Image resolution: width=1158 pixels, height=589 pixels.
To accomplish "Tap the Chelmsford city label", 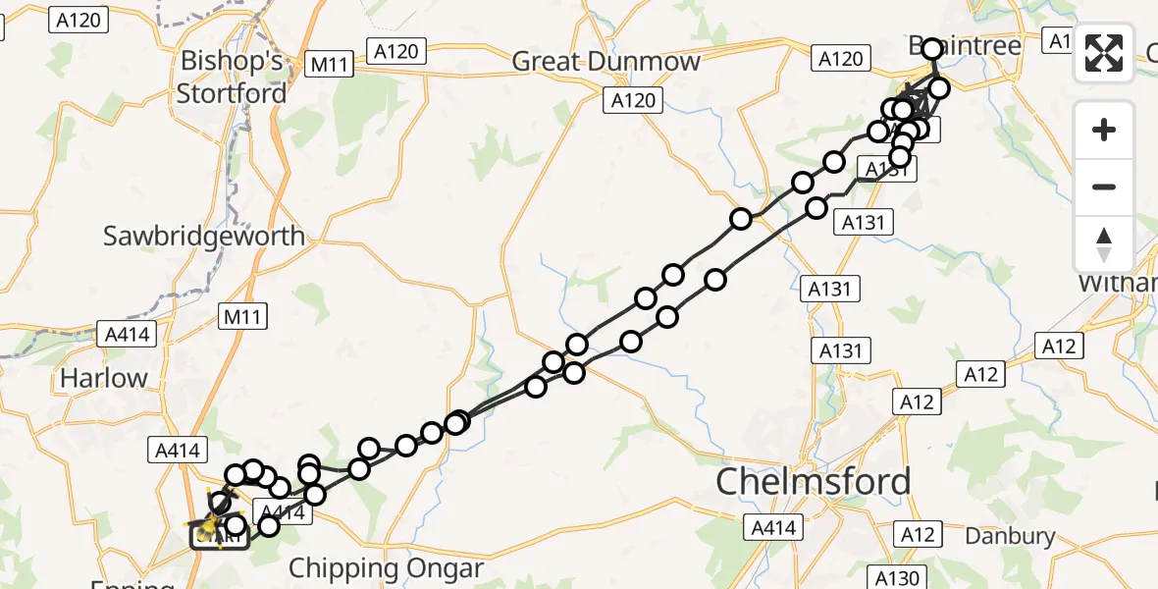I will pos(814,482).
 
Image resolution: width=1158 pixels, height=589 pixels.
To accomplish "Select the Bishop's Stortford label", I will pos(232,78).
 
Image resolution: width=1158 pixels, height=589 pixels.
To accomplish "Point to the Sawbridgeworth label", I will pos(205,237).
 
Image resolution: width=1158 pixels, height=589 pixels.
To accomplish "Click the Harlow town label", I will pos(103,378).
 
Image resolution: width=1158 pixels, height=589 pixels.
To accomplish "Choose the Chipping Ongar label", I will pos(386,568).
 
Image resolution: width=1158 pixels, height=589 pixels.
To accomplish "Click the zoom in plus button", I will pos(1104,131).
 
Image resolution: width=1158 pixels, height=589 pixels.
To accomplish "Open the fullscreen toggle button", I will pos(1104,53).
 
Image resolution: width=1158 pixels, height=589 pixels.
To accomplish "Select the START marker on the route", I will pos(219,537).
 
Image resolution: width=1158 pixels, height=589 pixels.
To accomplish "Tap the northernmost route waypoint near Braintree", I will pos(931,47).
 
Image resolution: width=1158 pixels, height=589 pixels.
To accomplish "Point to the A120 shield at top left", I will pos(79,20).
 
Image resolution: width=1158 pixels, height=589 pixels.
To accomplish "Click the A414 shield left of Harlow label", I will pos(127,334).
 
